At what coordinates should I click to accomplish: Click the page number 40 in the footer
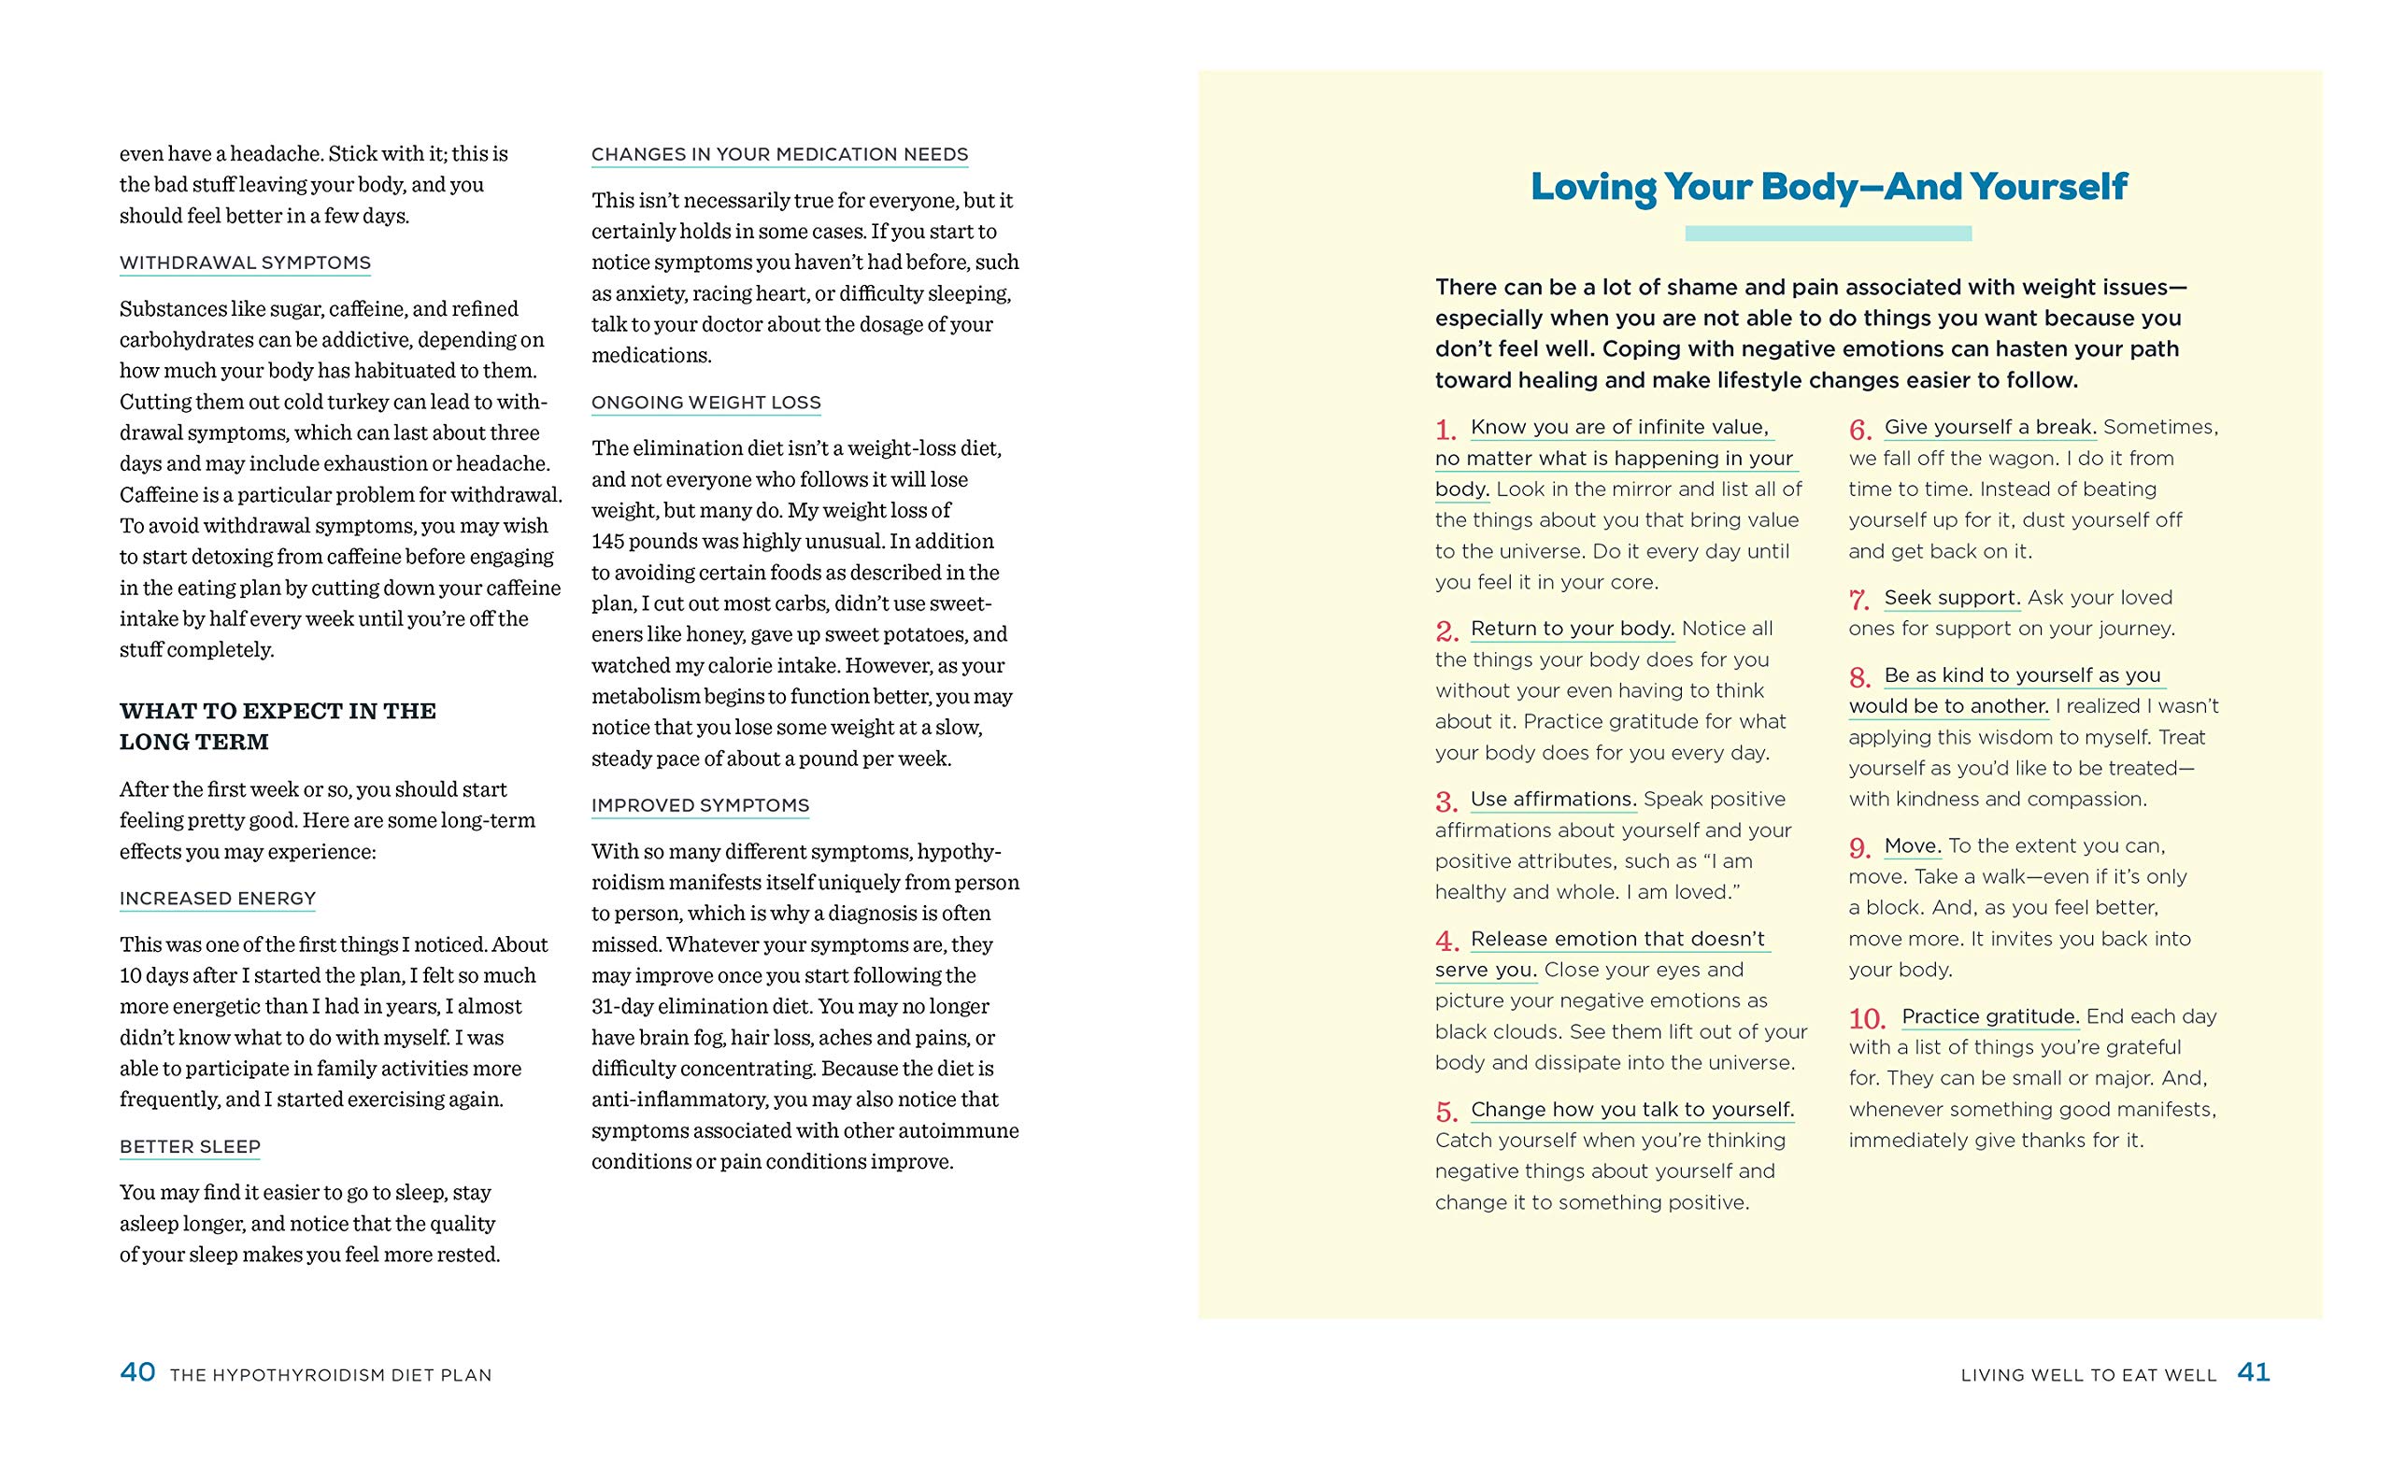click(137, 1372)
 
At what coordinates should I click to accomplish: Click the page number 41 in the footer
click(2254, 1372)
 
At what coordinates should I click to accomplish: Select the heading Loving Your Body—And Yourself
click(1829, 186)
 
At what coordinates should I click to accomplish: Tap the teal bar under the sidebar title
click(1829, 234)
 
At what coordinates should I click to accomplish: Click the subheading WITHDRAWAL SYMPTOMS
click(245, 263)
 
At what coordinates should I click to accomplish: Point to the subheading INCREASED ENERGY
click(218, 899)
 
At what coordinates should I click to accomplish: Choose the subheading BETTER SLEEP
click(191, 1147)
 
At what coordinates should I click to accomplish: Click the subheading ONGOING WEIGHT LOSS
click(706, 403)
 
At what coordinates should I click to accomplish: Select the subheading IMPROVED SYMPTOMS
click(701, 806)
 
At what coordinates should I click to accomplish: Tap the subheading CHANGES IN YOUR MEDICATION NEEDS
click(779, 155)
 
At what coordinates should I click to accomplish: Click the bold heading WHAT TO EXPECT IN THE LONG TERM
click(278, 726)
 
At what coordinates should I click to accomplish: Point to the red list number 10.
click(1867, 1019)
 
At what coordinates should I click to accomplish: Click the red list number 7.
click(1859, 600)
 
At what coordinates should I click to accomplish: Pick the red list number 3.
click(1445, 801)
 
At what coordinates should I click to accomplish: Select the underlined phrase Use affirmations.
click(1553, 799)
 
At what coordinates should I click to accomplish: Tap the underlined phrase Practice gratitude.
click(1990, 1016)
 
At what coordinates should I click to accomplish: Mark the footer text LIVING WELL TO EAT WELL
click(2088, 1375)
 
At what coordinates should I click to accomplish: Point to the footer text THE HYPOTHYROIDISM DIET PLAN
click(331, 1375)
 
